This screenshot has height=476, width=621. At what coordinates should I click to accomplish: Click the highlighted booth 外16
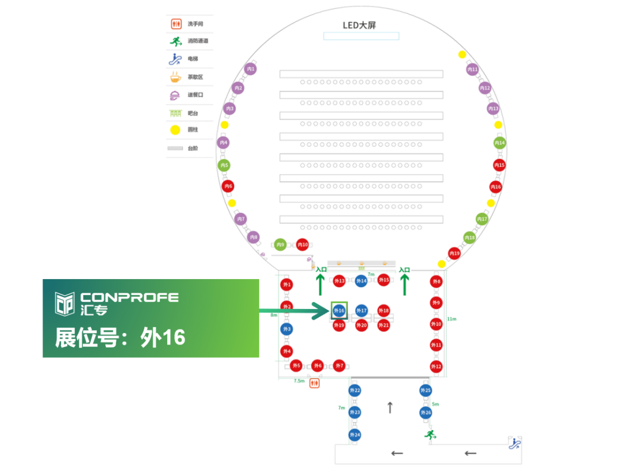tap(339, 311)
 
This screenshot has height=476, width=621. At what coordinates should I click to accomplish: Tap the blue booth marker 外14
tap(361, 281)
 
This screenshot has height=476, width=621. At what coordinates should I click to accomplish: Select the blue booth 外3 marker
tap(286, 329)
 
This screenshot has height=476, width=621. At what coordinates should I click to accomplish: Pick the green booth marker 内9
tap(280, 245)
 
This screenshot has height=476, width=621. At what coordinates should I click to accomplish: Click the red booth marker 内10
tap(302, 245)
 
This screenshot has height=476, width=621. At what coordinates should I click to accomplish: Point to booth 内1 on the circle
tap(250, 69)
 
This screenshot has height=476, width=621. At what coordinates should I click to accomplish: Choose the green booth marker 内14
tap(500, 142)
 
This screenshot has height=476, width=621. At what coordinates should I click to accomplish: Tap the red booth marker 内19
tap(454, 253)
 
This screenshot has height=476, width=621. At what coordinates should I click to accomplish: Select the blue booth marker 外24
tap(355, 435)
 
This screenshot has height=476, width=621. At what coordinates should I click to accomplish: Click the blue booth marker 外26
tap(425, 412)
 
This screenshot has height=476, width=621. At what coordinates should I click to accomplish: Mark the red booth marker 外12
tap(436, 366)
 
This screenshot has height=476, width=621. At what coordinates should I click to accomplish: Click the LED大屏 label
tap(359, 25)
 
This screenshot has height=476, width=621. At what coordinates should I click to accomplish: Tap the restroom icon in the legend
tap(176, 24)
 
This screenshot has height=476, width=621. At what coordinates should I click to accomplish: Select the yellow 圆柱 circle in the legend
tap(175, 130)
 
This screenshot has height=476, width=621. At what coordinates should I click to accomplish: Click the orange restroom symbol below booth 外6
tap(315, 382)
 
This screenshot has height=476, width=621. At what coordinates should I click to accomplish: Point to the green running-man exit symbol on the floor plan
tap(429, 435)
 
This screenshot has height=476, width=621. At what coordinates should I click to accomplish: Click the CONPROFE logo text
tap(129, 297)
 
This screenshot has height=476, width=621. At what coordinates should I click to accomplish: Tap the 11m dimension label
tap(451, 319)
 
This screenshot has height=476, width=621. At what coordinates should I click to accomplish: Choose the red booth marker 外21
tap(384, 326)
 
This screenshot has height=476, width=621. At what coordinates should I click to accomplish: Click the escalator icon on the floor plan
tap(515, 443)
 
